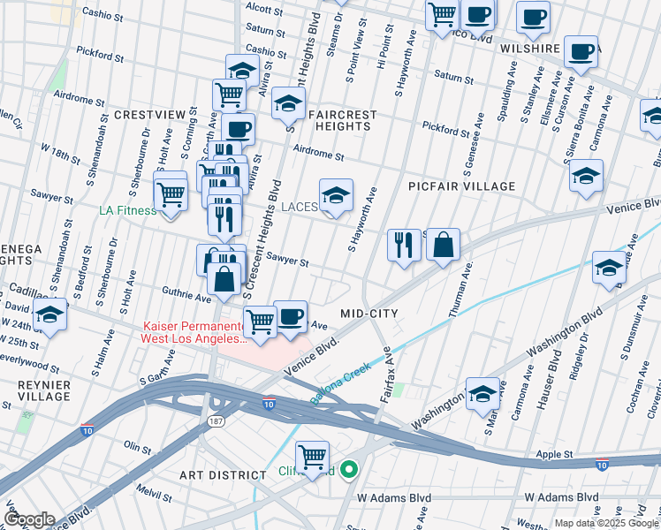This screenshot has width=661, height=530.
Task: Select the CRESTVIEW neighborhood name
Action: pyautogui.click(x=149, y=115)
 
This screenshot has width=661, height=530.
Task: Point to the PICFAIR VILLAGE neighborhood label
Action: pyautogui.click(x=461, y=186)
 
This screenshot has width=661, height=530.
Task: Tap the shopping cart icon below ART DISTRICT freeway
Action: pyautogui.click(x=312, y=457)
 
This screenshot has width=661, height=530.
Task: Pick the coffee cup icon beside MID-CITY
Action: pyautogui.click(x=290, y=316)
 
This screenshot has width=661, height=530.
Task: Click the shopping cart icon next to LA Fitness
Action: pyautogui.click(x=170, y=193)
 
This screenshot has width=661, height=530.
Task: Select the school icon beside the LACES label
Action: pyautogui.click(x=335, y=196)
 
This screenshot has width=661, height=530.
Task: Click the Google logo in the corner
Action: pyautogui.click(x=29, y=519)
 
